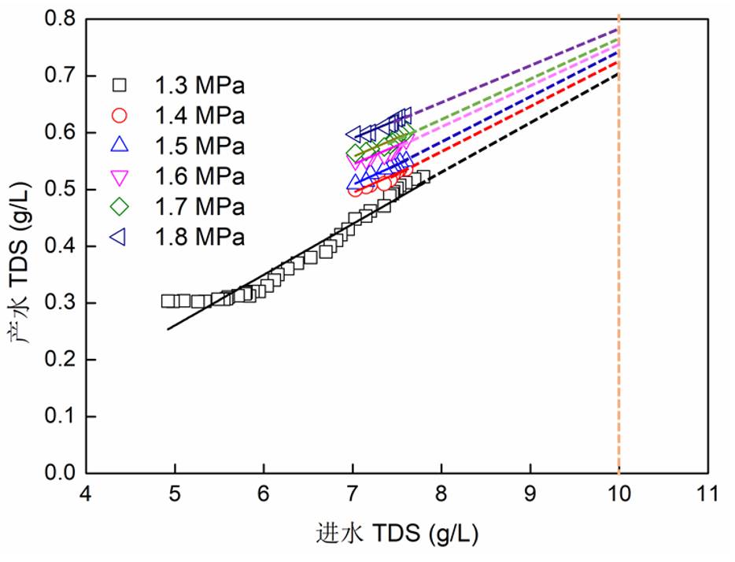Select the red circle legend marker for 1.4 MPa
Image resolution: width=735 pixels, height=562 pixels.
point(120,115)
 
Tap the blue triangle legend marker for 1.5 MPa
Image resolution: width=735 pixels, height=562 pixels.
point(120,145)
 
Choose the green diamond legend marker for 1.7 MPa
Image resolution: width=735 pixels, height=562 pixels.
point(120,206)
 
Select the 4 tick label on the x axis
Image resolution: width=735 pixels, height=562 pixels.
point(87,497)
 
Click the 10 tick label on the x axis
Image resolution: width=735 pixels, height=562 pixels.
point(619,497)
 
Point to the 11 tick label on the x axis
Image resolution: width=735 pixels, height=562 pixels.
point(708,497)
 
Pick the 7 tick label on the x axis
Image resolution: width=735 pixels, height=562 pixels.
point(353,497)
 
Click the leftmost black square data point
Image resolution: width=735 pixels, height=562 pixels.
point(168,301)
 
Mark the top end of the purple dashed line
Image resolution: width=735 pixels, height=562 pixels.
point(618,30)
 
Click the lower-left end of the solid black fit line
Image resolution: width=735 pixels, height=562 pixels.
point(168,329)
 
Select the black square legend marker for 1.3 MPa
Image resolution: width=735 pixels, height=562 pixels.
point(120,84)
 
